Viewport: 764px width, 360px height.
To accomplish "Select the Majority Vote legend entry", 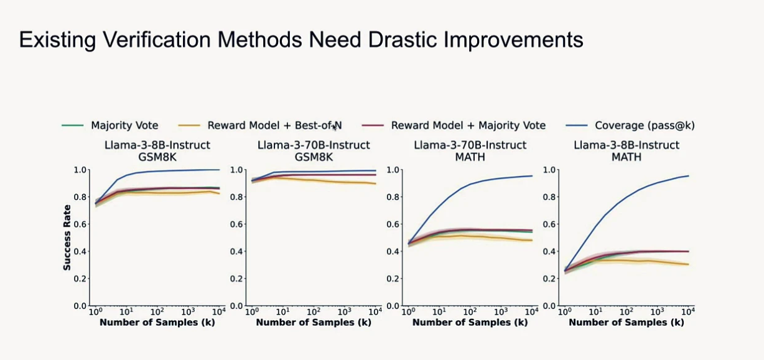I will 124,126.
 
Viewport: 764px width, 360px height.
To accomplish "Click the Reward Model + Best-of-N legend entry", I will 274,126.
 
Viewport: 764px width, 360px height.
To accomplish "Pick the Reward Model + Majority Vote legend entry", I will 468,126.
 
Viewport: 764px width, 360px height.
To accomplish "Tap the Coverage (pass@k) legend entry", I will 645,126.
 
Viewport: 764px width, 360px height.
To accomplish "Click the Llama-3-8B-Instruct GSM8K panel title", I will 157,150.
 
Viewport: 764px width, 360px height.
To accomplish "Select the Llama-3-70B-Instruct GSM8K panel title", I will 314,150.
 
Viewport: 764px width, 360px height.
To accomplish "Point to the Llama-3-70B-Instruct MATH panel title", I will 470,150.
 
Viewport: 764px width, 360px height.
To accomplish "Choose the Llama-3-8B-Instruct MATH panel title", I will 626,150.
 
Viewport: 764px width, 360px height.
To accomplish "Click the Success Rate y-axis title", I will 67,238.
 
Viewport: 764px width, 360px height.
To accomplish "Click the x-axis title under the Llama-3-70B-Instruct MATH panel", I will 470,322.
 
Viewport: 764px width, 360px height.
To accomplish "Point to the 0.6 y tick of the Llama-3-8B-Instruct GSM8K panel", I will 81,224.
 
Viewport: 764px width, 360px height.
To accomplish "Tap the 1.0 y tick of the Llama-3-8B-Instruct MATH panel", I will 550,170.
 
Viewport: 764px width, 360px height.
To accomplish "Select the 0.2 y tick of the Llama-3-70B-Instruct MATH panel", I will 393,279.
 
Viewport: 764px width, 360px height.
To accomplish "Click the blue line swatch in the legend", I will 577,126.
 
